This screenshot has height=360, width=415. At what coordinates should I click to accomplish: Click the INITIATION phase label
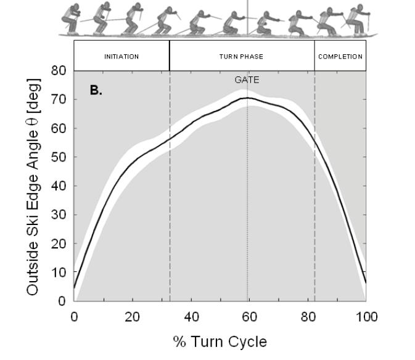(x=121, y=56)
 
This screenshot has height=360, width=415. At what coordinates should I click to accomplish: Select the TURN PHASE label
(x=241, y=56)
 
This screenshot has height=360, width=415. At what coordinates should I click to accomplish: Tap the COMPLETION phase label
(x=340, y=56)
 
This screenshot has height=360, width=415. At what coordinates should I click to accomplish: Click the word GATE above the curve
(x=247, y=80)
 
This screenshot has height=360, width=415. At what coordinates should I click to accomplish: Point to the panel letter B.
(x=96, y=90)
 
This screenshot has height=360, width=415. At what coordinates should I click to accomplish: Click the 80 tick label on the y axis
(x=59, y=71)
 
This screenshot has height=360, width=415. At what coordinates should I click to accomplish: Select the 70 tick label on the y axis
(x=59, y=99)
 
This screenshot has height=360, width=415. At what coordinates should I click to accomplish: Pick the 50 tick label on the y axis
(x=59, y=157)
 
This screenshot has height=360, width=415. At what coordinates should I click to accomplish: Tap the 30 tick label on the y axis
(x=59, y=215)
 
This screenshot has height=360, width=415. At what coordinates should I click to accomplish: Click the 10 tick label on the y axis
(x=59, y=272)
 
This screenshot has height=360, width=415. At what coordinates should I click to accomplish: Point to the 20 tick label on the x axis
(x=132, y=317)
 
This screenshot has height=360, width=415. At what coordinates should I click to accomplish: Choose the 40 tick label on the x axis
(x=191, y=317)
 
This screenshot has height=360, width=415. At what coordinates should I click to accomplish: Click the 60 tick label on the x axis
(x=249, y=317)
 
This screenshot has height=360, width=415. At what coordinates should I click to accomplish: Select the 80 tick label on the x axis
(x=307, y=317)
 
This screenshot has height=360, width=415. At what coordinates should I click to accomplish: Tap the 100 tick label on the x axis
(x=366, y=317)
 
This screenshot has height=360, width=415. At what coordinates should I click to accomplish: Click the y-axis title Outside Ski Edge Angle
(x=33, y=186)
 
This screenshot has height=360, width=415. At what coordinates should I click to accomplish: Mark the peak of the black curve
(x=247, y=97)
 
